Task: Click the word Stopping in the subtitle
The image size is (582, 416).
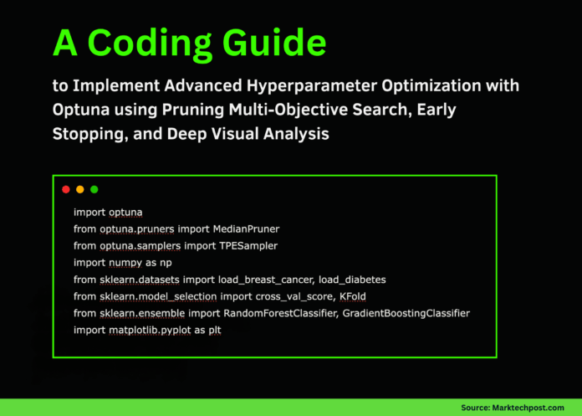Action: (x=89, y=131)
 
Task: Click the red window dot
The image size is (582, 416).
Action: (x=66, y=189)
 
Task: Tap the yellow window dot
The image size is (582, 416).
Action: (x=80, y=189)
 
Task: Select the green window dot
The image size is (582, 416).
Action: (x=94, y=189)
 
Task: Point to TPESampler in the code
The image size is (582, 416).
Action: (x=248, y=245)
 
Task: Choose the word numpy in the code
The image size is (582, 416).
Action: (x=127, y=262)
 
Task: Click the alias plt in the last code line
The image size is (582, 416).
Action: (x=238, y=330)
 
